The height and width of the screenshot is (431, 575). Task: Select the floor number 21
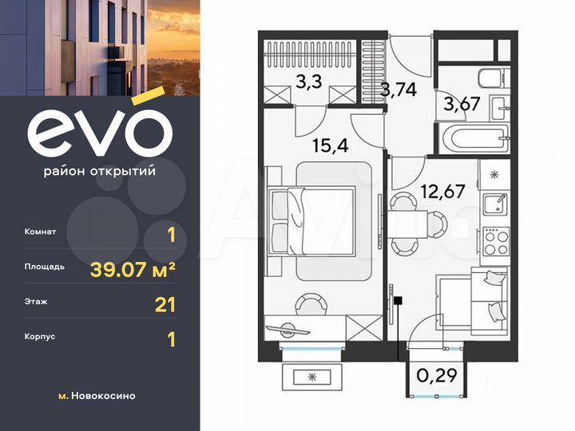[x=165, y=304]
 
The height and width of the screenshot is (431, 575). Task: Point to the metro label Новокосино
[x=102, y=396]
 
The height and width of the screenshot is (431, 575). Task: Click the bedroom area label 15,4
[x=326, y=146]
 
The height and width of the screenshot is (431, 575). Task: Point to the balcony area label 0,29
[x=434, y=373]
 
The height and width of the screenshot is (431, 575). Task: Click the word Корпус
[x=41, y=338]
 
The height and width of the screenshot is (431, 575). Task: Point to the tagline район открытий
[x=99, y=171]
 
